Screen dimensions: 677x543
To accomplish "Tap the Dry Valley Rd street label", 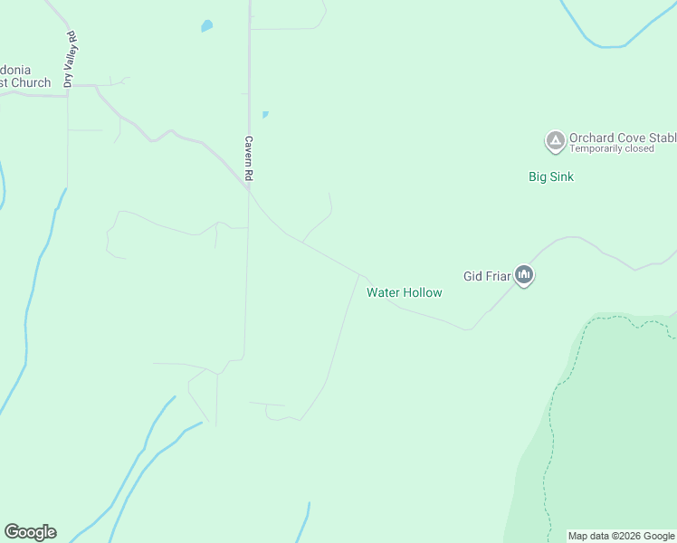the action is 69,59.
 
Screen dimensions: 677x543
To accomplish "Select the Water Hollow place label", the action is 404,292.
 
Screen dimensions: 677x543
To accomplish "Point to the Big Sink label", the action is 551,176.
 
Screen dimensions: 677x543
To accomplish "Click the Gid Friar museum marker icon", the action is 524,274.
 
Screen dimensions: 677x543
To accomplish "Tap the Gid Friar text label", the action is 487,276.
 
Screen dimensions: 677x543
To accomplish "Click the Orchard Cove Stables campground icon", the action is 554,141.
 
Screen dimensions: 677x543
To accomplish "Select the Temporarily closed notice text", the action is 611,148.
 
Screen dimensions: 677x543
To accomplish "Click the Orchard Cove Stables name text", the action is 622,138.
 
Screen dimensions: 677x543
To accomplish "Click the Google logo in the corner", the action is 30,532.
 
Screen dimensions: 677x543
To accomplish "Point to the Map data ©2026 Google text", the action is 621,536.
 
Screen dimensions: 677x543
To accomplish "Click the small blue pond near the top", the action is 206,26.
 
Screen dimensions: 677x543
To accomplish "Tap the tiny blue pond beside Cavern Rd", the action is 264,115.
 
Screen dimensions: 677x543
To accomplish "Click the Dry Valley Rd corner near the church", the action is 68,87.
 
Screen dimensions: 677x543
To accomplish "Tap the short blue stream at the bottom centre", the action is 303,523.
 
